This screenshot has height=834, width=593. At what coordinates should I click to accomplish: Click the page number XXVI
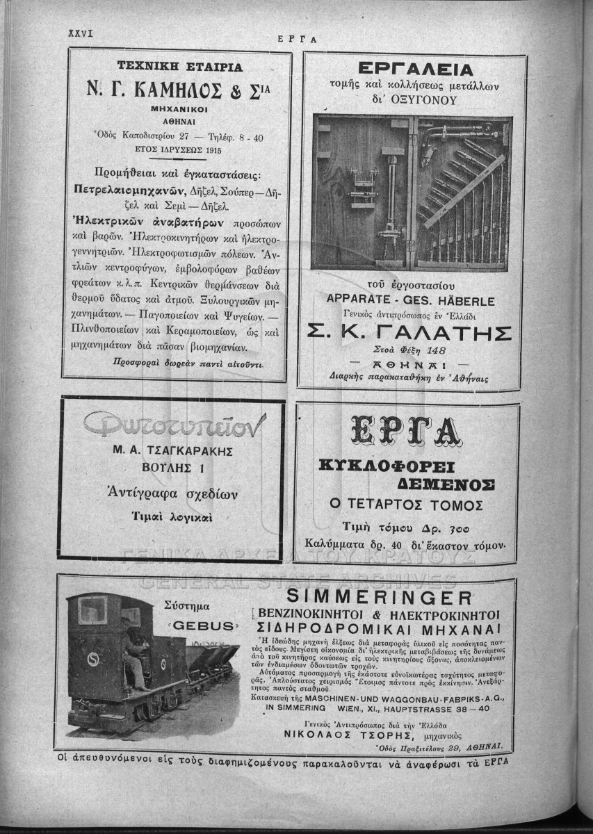(81, 33)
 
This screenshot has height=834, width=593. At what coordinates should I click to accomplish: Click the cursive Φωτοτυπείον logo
(173, 423)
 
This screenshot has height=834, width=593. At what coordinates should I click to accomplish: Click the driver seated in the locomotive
(133, 646)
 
